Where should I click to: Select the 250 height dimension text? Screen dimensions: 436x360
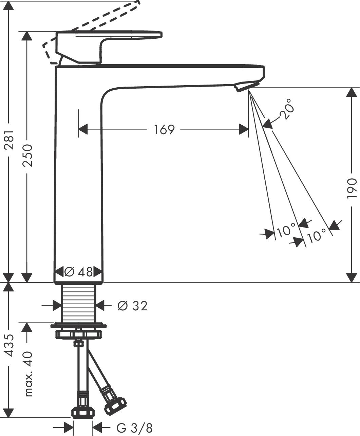click(27, 155)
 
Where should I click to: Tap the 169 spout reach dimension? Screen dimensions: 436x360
click(164, 129)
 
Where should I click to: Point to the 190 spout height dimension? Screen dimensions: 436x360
click(352, 188)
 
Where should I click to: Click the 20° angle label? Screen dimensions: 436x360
click(286, 109)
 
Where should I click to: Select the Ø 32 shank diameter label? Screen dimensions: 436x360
click(132, 306)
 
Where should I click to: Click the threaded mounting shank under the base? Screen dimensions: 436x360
click(79, 302)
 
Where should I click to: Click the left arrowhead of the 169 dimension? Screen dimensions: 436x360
click(83, 129)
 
